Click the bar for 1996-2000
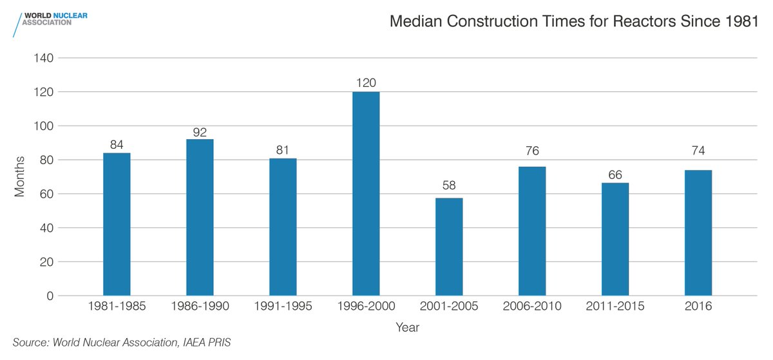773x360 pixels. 366,194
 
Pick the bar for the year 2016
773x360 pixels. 698,232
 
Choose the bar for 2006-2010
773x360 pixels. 532,231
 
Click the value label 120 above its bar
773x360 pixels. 366,83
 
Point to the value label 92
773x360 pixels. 200,132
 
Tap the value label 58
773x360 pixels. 449,185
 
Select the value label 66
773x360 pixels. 615,175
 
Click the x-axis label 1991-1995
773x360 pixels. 283,307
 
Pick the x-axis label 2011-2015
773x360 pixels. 615,307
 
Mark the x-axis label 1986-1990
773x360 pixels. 200,307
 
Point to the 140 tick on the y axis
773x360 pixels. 44,58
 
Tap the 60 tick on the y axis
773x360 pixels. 47,194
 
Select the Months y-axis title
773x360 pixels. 20,176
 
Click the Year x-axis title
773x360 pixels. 407,327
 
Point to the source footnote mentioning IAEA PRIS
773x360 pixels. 121,343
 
